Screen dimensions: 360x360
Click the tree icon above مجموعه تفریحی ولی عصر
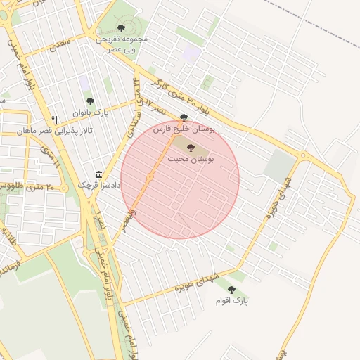pos(122,28)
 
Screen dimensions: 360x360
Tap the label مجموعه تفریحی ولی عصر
pos(122,44)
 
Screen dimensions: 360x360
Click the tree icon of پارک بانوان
pos(89,102)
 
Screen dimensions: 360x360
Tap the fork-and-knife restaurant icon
pos(55,120)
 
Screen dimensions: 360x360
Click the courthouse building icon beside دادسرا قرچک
pos(98,174)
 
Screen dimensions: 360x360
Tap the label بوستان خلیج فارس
pos(184,129)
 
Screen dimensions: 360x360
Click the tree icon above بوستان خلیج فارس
pos(184,118)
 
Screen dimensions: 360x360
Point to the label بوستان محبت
pos(190,160)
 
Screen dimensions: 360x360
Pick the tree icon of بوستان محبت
pos(190,148)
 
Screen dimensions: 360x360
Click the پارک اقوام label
pos(233,301)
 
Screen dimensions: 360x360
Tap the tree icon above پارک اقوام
pos(231,289)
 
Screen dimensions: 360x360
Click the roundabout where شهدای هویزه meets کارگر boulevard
pos(302,155)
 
